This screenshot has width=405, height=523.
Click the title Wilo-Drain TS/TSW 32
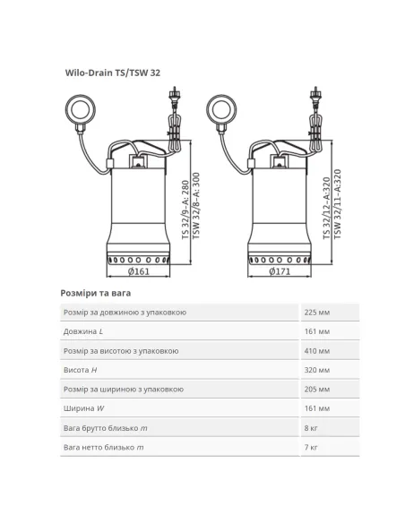click(112, 73)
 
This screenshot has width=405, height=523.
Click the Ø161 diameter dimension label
click(139, 271)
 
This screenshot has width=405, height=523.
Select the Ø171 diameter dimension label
click(280, 271)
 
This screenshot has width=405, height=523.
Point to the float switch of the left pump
click(80, 110)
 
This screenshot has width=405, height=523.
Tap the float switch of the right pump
click(221, 110)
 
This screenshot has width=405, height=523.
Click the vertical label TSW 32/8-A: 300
click(196, 206)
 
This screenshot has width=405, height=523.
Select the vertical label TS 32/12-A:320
click(327, 209)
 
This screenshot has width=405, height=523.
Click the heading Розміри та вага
click(95, 293)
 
